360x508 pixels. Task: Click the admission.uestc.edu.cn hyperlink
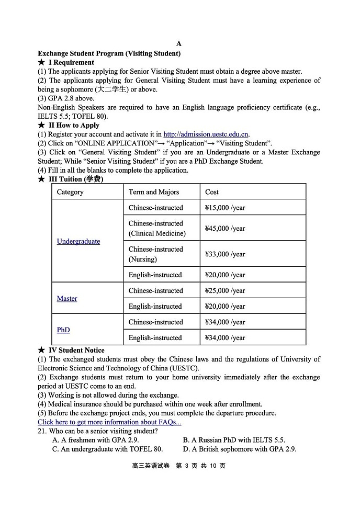206,134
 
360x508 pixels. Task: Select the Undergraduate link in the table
78,241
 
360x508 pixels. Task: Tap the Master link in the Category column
67,298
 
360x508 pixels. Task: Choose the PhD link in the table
63,330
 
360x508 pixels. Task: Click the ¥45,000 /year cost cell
225,228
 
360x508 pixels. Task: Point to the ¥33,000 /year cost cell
225,254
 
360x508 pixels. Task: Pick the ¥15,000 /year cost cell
225,208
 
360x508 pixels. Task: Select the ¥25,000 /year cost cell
225,291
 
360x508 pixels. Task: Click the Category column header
70,192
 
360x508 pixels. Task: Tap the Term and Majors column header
154,192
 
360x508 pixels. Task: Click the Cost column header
212,192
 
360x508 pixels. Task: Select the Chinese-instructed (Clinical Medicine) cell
157,228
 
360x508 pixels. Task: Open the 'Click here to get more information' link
109,422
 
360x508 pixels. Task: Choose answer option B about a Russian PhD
234,440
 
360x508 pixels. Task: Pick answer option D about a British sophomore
240,449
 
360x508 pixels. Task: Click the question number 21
42,431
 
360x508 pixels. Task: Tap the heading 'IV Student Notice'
76,350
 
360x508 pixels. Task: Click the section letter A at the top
179,44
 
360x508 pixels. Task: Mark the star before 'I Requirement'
41,62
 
